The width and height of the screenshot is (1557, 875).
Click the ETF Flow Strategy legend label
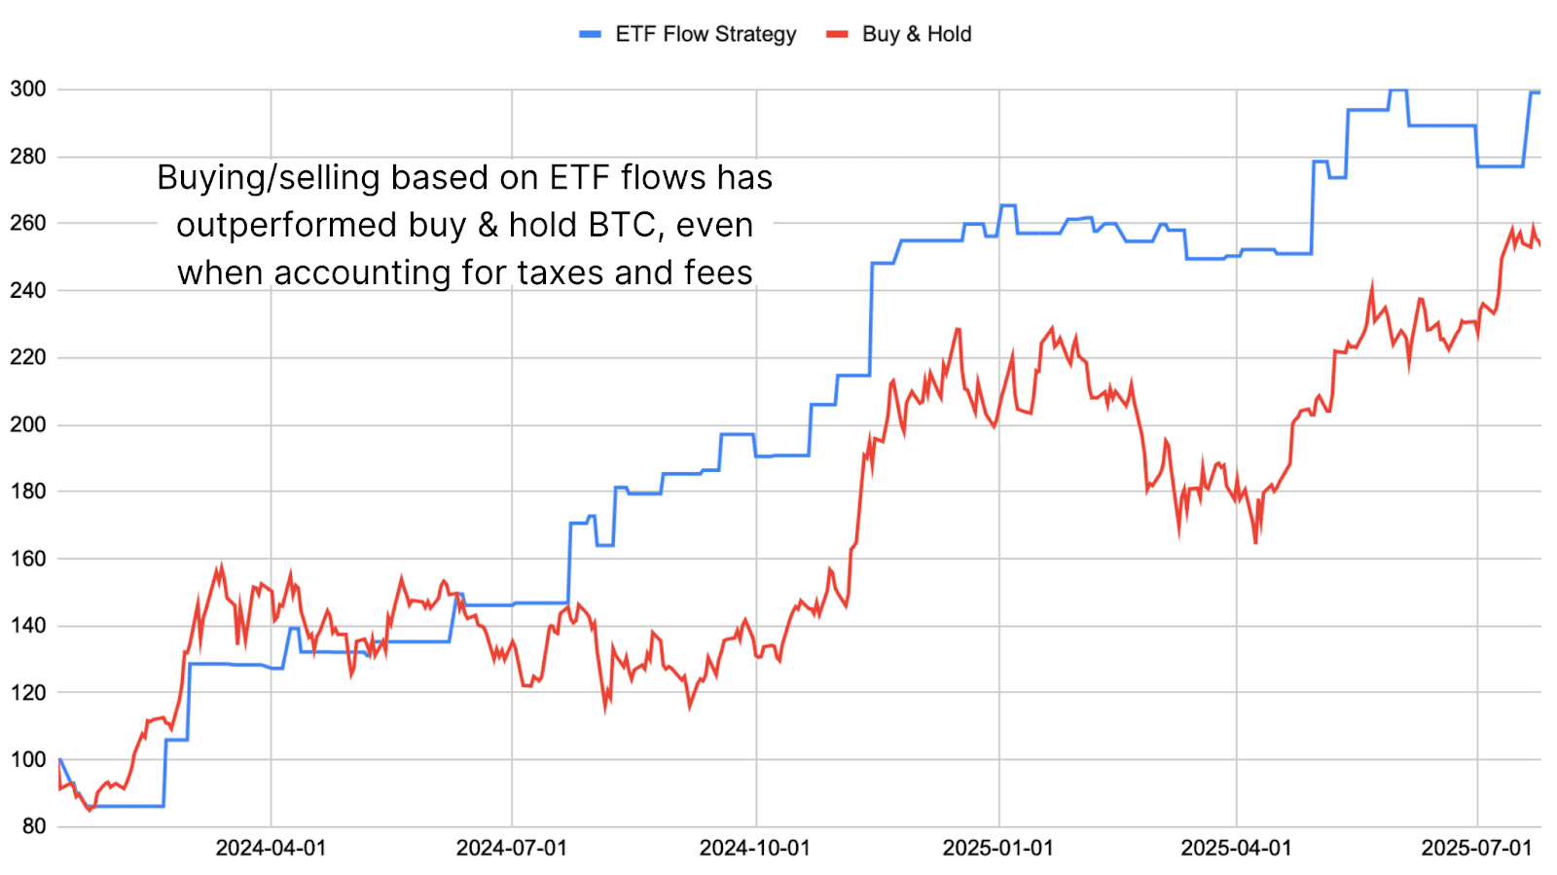[706, 34]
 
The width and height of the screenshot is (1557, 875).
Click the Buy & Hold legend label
[916, 34]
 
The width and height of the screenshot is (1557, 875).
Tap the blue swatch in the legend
[590, 34]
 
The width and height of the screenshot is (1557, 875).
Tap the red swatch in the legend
[837, 34]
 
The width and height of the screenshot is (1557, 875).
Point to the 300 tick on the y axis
[28, 90]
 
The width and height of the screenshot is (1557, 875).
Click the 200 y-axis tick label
[28, 424]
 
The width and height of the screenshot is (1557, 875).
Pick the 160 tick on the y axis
[28, 559]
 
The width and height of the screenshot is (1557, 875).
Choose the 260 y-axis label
[28, 223]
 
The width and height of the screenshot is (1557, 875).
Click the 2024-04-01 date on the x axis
[271, 848]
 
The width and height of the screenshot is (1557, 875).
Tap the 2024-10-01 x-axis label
[755, 848]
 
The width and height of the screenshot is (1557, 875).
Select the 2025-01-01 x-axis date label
[998, 848]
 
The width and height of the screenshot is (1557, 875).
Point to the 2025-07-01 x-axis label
[1476, 848]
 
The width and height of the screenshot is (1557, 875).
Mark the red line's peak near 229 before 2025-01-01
[959, 329]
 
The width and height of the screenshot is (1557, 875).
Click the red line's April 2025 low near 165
[1255, 542]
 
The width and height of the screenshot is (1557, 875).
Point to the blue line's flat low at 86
[127, 806]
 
